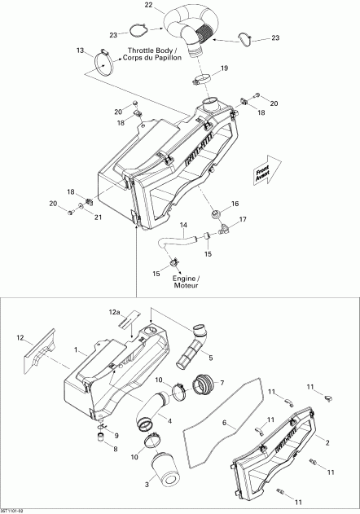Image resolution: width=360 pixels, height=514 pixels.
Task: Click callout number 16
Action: click(235, 203)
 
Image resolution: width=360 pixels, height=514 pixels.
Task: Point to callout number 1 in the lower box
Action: click(76, 350)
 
